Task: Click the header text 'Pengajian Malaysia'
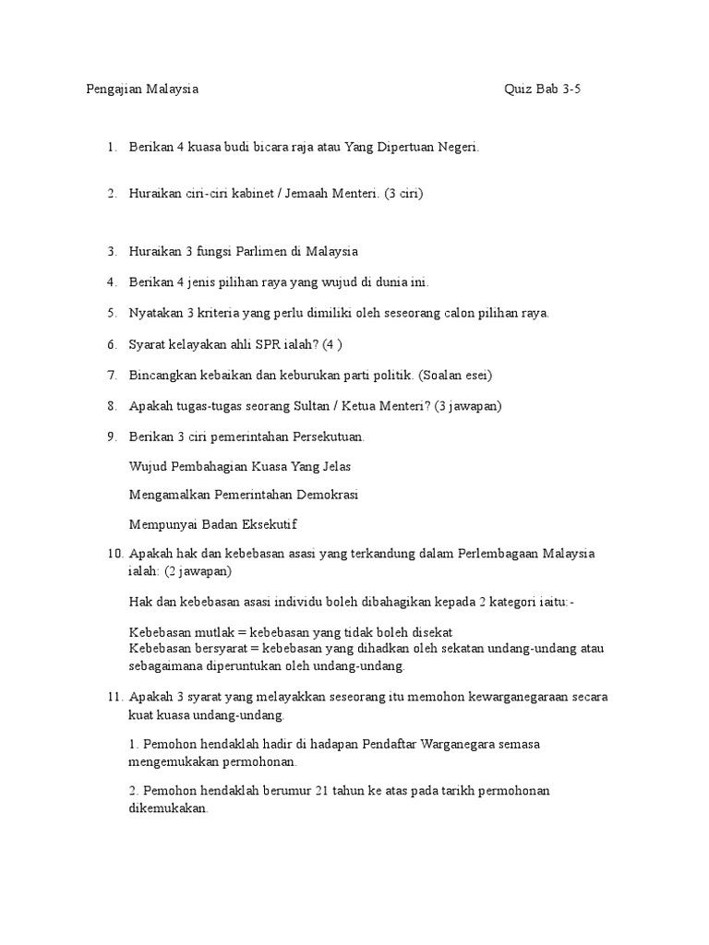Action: pyautogui.click(x=142, y=90)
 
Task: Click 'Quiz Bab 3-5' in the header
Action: pyautogui.click(x=543, y=90)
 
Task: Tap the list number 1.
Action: pyautogui.click(x=111, y=147)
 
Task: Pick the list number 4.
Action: pyautogui.click(x=111, y=281)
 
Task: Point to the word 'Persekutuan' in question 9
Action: pyautogui.click(x=330, y=437)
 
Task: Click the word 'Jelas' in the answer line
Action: pyautogui.click(x=334, y=466)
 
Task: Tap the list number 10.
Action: pyautogui.click(x=114, y=554)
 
